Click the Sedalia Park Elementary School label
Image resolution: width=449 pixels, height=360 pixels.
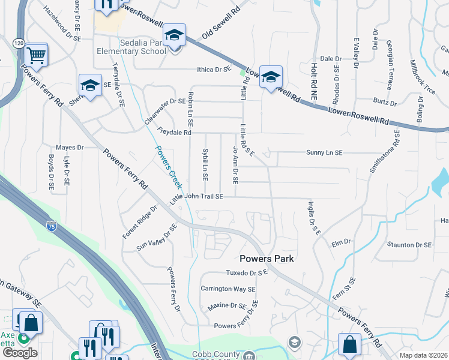tap(131, 47)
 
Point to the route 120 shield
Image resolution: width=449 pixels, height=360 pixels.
tap(18, 43)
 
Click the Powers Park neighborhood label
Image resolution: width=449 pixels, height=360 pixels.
tap(266, 259)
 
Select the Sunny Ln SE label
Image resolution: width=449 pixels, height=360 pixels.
tap(324, 153)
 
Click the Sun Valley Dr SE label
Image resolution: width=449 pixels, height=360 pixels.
tap(157, 237)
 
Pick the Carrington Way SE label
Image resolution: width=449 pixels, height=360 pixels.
tap(228, 289)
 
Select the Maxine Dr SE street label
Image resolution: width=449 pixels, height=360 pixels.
tap(227, 306)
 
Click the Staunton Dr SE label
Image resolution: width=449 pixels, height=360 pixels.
tap(410, 245)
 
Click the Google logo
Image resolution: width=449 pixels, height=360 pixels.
tap(20, 353)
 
